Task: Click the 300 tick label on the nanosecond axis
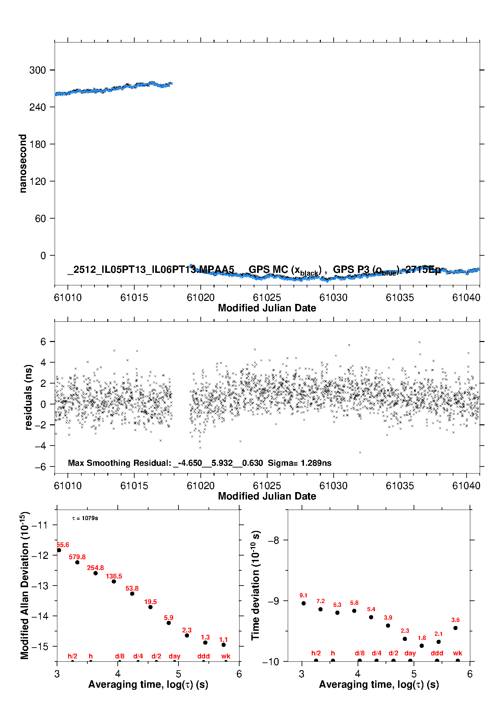[37, 70]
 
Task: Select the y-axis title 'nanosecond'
[23, 164]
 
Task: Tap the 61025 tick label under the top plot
[267, 297]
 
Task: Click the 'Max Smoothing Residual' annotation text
[120, 463]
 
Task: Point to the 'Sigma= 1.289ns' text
[300, 463]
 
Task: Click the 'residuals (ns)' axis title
[29, 397]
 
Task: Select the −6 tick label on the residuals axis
[40, 467]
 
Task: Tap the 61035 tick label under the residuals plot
[400, 486]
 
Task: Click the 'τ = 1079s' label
[85, 518]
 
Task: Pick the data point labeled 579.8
[77, 562]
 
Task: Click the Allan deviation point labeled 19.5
[150, 607]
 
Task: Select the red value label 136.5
[114, 576]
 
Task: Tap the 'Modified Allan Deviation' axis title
[24, 586]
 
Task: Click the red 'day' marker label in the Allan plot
[174, 656]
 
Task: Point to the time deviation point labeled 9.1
[304, 603]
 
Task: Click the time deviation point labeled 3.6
[455, 628]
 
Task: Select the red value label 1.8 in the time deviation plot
[422, 638]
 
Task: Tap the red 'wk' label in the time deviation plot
[457, 653]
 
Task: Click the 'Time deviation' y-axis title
[255, 585]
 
